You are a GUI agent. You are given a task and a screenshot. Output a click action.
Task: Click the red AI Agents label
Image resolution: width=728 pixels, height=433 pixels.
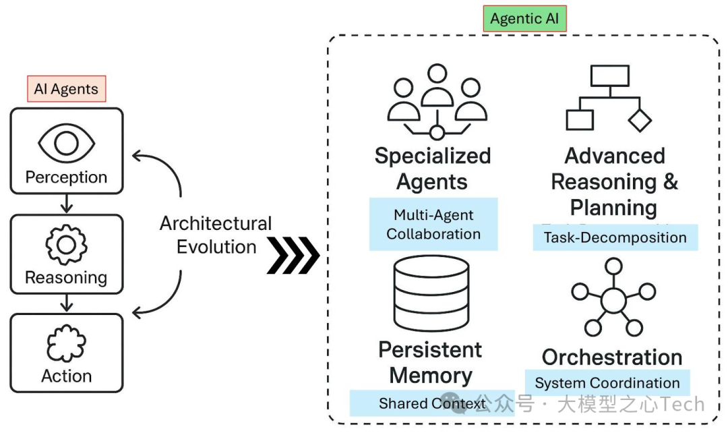pyautogui.click(x=66, y=88)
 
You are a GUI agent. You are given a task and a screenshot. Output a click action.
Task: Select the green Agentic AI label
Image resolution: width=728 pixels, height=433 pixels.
pyautogui.click(x=524, y=19)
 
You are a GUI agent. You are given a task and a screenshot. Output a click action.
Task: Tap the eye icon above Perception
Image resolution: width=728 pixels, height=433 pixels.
pyautogui.click(x=66, y=142)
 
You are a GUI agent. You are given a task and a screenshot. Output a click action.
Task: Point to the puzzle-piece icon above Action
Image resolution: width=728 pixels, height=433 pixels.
pyautogui.click(x=66, y=343)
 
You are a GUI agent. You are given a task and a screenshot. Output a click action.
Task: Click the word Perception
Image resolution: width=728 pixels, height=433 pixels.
pyautogui.click(x=66, y=177)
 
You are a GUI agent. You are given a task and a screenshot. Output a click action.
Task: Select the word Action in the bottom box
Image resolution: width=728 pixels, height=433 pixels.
pyautogui.click(x=66, y=376)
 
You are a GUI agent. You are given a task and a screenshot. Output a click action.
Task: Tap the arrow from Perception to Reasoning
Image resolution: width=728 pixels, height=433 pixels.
pyautogui.click(x=66, y=204)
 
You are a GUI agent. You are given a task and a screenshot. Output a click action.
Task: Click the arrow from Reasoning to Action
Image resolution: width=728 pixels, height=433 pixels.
pyautogui.click(x=66, y=304)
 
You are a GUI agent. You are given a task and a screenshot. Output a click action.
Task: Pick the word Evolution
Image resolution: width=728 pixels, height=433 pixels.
pyautogui.click(x=216, y=247)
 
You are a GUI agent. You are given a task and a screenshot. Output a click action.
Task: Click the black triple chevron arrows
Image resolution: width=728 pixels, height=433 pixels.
pyautogui.click(x=293, y=255)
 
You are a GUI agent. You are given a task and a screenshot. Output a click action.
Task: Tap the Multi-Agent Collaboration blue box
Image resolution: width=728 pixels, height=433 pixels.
pyautogui.click(x=433, y=225)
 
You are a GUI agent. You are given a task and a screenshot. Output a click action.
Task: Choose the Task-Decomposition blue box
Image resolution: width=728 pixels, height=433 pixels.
pyautogui.click(x=615, y=237)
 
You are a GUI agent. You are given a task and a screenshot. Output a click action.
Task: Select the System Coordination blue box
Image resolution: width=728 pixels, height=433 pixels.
pyautogui.click(x=607, y=383)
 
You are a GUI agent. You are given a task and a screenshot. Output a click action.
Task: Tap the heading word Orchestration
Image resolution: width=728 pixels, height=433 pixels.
pyautogui.click(x=612, y=357)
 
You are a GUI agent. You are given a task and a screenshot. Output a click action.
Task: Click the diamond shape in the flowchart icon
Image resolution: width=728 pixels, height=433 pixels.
pyautogui.click(x=640, y=120)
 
